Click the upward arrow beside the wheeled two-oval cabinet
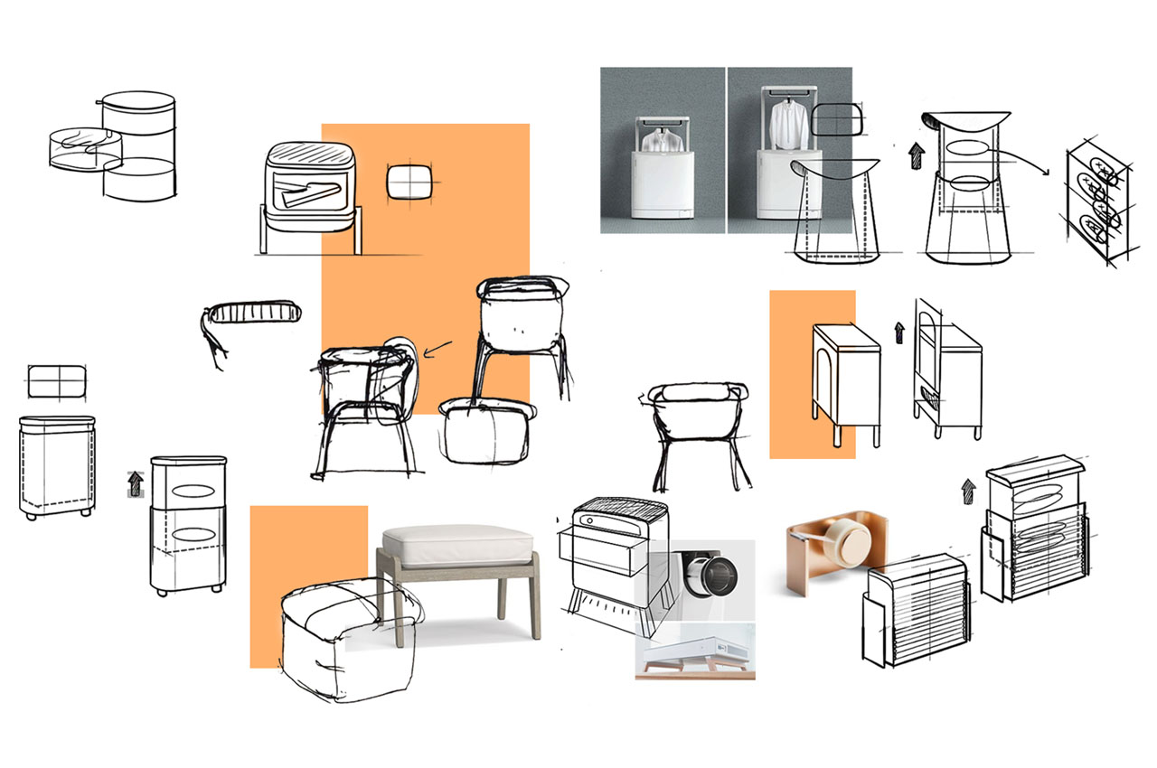coord(136,484)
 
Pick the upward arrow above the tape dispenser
coord(968,491)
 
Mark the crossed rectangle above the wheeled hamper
coord(56,381)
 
